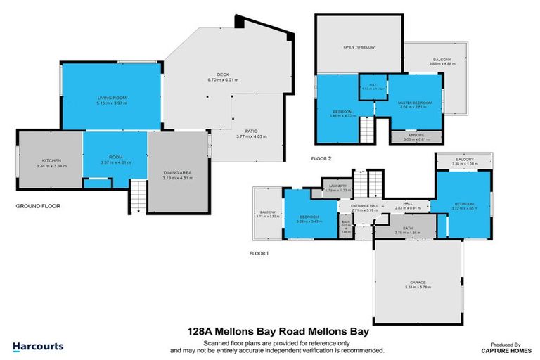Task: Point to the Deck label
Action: click(223, 74)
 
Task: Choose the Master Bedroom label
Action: click(414, 103)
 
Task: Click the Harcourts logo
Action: click(38, 346)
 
